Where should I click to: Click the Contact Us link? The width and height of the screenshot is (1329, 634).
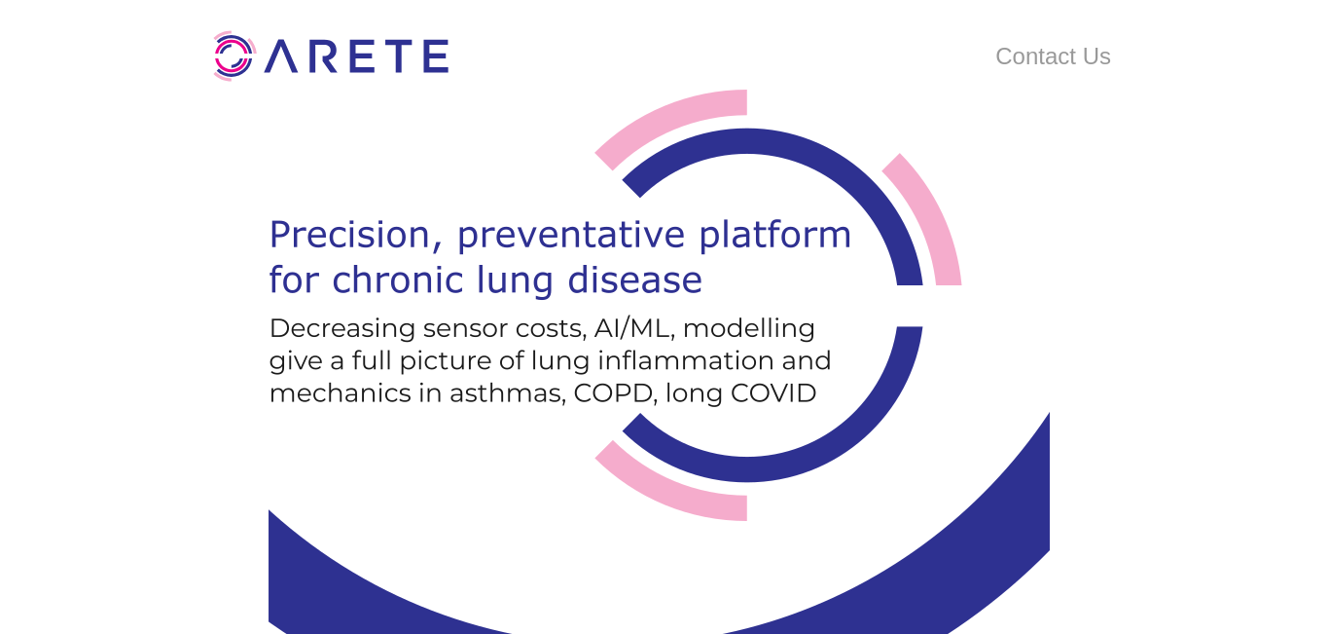click(x=1053, y=56)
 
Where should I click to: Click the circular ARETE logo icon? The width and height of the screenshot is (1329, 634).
click(x=234, y=56)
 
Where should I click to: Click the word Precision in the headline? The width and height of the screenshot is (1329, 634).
click(x=349, y=234)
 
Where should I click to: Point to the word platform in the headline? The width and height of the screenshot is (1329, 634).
click(x=775, y=234)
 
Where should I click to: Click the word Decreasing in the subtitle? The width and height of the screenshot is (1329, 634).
click(x=342, y=329)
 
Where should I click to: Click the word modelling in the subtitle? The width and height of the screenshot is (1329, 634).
click(x=749, y=329)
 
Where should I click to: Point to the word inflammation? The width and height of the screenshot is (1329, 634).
click(x=685, y=360)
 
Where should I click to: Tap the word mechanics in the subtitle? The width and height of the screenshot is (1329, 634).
click(x=340, y=393)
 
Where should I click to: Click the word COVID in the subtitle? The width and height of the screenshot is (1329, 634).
click(x=773, y=393)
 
